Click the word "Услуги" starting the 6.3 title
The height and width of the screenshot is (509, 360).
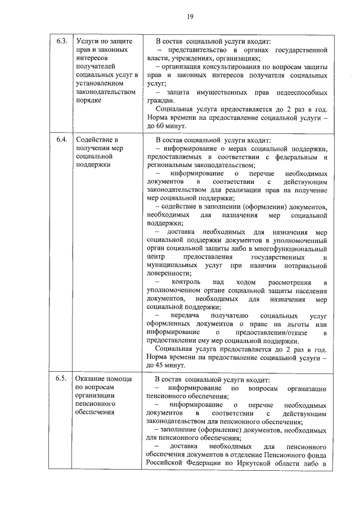[88, 42]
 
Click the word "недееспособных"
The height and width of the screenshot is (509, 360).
[299, 92]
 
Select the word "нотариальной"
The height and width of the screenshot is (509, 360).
[304, 264]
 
